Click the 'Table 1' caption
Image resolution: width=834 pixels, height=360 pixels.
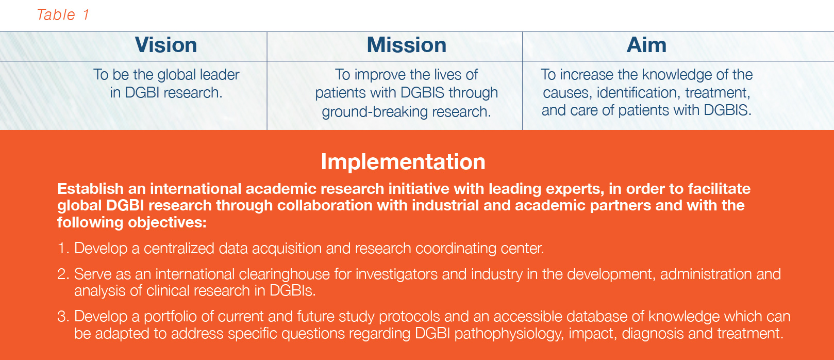pyautogui.click(x=63, y=14)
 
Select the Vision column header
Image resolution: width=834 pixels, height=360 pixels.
pyautogui.click(x=166, y=45)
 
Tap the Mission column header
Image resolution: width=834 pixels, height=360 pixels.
pyautogui.click(x=406, y=45)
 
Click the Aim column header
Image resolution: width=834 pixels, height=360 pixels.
pyautogui.click(x=646, y=45)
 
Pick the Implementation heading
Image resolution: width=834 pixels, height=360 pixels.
pyautogui.click(x=403, y=162)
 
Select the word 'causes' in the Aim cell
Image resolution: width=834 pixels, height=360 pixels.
pyautogui.click(x=566, y=93)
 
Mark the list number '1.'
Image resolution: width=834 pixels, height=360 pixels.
pyautogui.click(x=63, y=249)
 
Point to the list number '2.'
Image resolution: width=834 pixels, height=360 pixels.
pyautogui.click(x=63, y=274)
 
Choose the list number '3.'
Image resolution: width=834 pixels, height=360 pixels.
pyautogui.click(x=63, y=316)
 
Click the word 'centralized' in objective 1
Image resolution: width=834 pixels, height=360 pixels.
pyautogui.click(x=179, y=249)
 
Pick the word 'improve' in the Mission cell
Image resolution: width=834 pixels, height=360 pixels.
pyautogui.click(x=379, y=75)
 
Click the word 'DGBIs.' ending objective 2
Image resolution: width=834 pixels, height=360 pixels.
pyautogui.click(x=292, y=291)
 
